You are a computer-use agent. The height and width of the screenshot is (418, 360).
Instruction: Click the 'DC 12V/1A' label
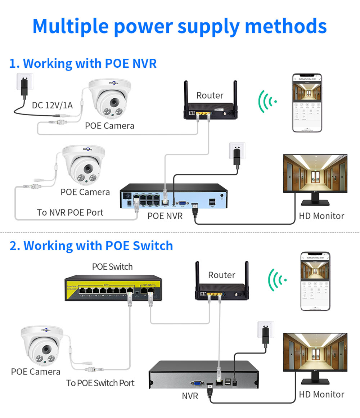52,105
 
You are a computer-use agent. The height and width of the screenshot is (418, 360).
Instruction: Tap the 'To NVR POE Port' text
70,212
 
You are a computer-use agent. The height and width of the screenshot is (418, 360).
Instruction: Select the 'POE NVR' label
165,216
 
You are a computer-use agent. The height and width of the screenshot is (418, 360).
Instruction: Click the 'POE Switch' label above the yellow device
112,267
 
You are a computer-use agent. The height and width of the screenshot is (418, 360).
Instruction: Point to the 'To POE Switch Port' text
100,383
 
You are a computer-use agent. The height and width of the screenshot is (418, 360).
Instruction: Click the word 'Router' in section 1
210,95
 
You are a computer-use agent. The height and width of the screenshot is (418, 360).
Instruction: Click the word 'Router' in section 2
221,275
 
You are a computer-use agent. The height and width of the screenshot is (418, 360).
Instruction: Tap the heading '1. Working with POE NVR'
83,63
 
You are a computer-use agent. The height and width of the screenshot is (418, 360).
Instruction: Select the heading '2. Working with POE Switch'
91,246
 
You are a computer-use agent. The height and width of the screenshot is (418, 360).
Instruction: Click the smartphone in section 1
306,103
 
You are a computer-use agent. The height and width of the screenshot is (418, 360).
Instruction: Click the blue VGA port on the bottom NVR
197,384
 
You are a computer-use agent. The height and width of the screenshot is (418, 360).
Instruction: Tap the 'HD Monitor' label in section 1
321,216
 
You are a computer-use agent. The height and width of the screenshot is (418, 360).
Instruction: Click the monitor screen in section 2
315,352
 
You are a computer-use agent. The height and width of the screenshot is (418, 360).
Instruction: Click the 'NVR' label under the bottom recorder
190,396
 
